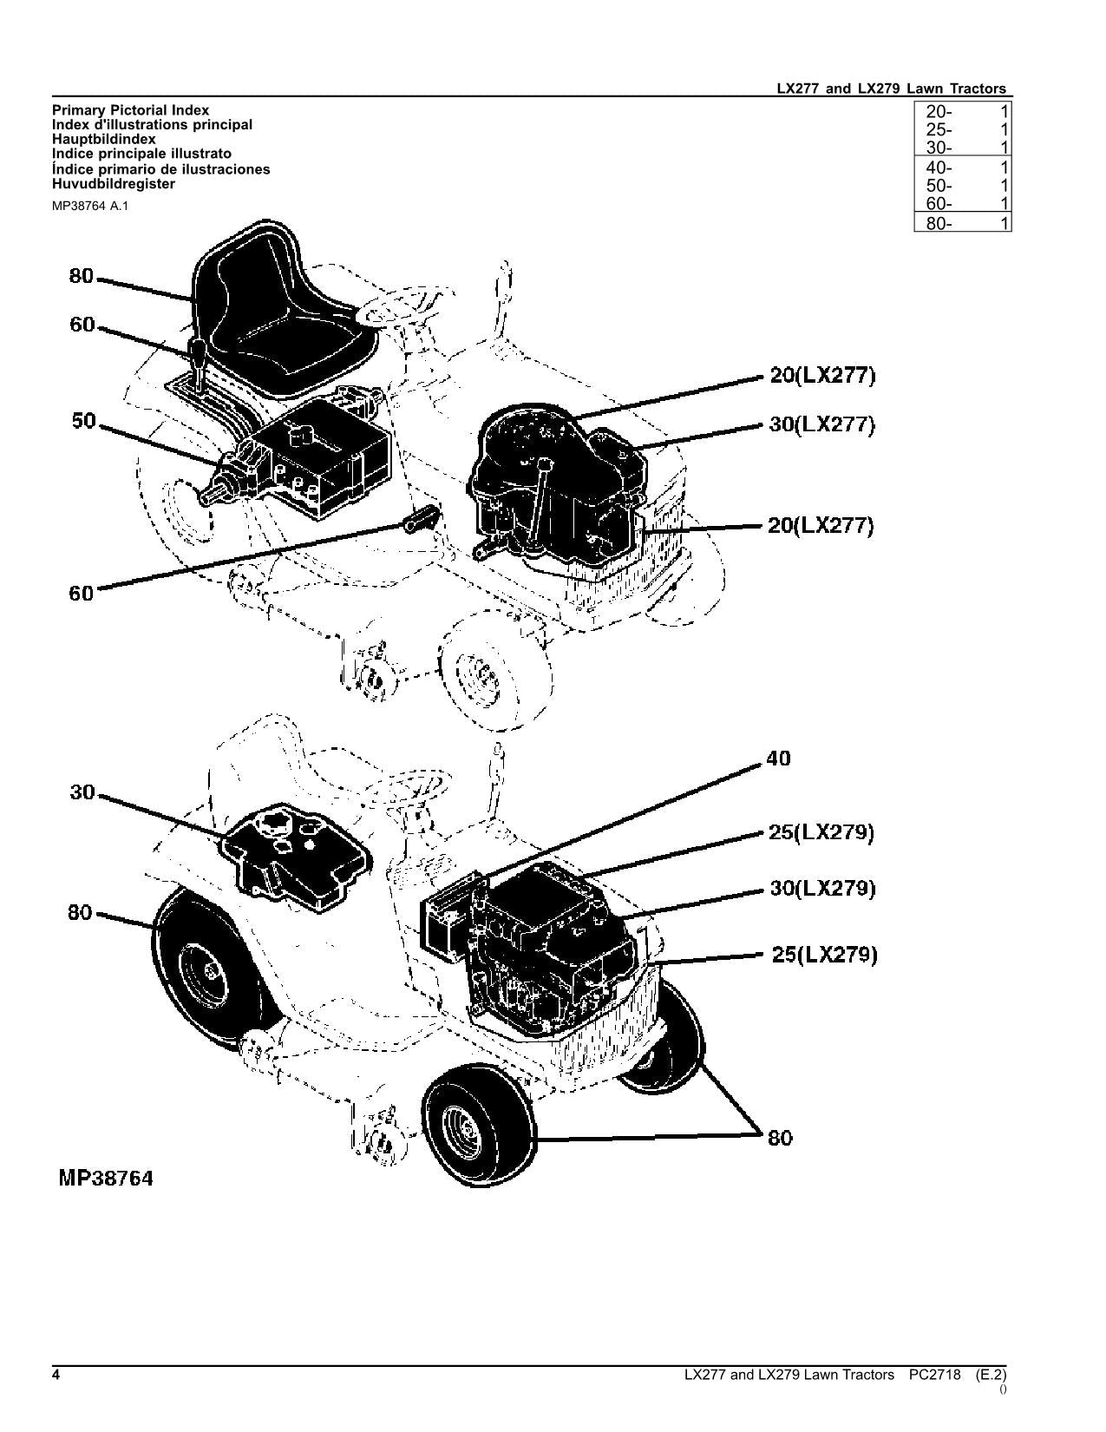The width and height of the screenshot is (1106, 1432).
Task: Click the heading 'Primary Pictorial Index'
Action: click(x=130, y=110)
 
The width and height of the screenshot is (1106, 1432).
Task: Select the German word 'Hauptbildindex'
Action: click(x=104, y=139)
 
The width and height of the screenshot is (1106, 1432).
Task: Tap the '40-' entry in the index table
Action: click(x=939, y=168)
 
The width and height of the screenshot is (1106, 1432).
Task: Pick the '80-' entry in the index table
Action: click(x=939, y=223)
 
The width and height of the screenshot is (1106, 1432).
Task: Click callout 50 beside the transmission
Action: click(x=84, y=422)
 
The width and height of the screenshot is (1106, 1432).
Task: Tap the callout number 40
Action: click(x=778, y=759)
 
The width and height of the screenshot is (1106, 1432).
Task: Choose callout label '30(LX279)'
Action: click(x=822, y=889)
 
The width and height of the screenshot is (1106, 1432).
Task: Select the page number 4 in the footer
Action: click(x=56, y=1375)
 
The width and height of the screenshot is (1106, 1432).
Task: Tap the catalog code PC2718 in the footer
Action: click(x=935, y=1375)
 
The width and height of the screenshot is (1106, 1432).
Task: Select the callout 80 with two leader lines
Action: click(x=780, y=1138)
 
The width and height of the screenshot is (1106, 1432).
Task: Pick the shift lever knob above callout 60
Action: click(x=198, y=354)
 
